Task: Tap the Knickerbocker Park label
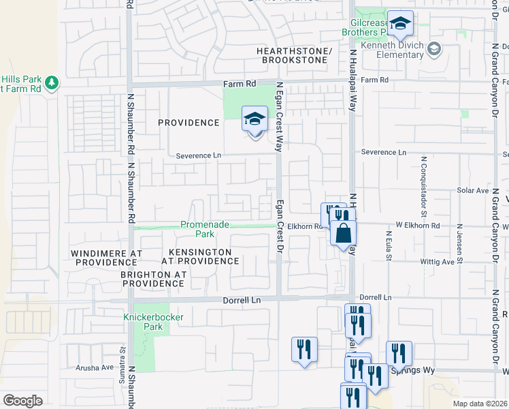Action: click(x=144, y=322)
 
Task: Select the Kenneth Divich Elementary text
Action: click(x=393, y=50)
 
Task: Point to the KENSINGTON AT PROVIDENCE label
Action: click(x=200, y=257)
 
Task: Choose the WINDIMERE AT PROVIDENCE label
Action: click(x=107, y=258)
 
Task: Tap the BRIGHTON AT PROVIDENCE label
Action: click(x=153, y=279)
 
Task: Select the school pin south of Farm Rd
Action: click(x=255, y=120)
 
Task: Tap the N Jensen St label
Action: click(x=460, y=239)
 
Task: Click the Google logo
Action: click(x=22, y=400)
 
